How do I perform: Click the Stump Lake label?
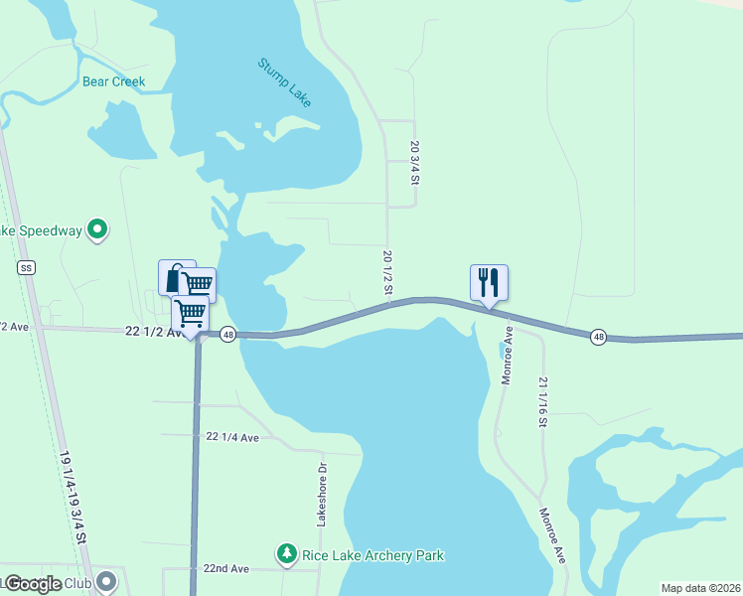(x=285, y=82)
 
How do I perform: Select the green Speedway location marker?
(x=97, y=230)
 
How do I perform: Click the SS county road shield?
(x=26, y=268)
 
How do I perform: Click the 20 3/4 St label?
(x=415, y=162)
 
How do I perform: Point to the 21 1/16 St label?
(x=543, y=401)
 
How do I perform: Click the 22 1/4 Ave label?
(x=232, y=437)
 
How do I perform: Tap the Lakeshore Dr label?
(x=322, y=494)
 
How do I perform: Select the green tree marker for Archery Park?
(x=286, y=552)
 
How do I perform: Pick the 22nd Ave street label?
(x=226, y=568)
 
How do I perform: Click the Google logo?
(x=34, y=584)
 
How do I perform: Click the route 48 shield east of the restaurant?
(x=598, y=337)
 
